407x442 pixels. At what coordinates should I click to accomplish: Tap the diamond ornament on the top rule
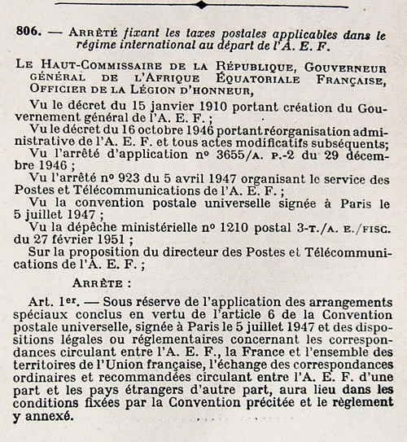200,4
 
